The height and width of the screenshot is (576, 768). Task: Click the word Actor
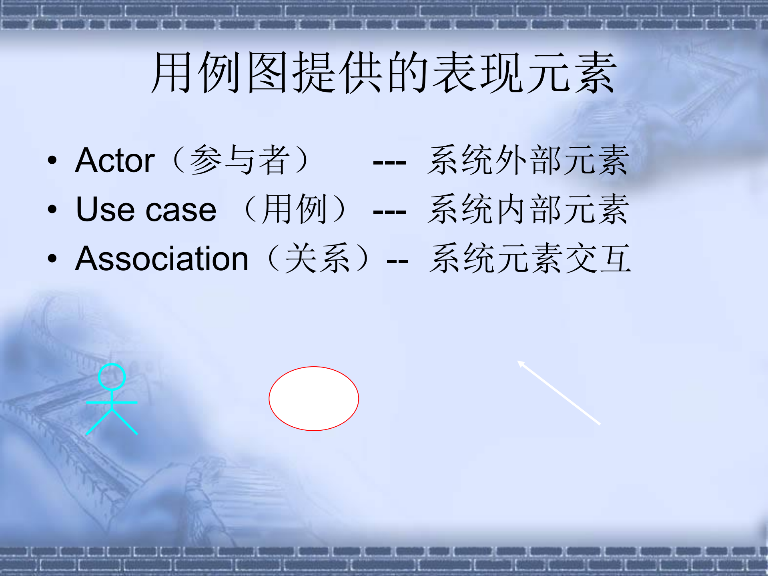tap(115, 161)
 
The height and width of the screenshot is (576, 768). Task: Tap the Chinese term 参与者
tap(239, 160)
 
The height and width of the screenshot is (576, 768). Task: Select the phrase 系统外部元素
tap(528, 160)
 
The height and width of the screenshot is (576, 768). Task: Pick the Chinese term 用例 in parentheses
tap(294, 209)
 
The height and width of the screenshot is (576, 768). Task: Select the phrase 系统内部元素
tap(528, 209)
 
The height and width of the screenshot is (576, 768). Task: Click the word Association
tap(162, 259)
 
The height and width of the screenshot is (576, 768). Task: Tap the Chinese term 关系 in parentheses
tap(317, 259)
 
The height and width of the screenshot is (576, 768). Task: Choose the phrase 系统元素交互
tap(530, 259)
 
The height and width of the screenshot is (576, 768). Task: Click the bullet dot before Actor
tap(52, 161)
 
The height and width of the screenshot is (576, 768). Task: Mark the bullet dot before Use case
tap(52, 209)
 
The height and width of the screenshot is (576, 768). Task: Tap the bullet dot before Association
tap(52, 259)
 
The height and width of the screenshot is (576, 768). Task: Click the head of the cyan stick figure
tap(112, 376)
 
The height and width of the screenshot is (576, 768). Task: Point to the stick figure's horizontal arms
tap(112, 402)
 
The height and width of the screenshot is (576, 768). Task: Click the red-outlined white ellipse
tap(313, 398)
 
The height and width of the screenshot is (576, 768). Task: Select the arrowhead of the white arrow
tap(521, 363)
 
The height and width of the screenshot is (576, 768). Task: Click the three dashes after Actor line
tap(389, 163)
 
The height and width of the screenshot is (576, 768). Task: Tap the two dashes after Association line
tap(397, 261)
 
